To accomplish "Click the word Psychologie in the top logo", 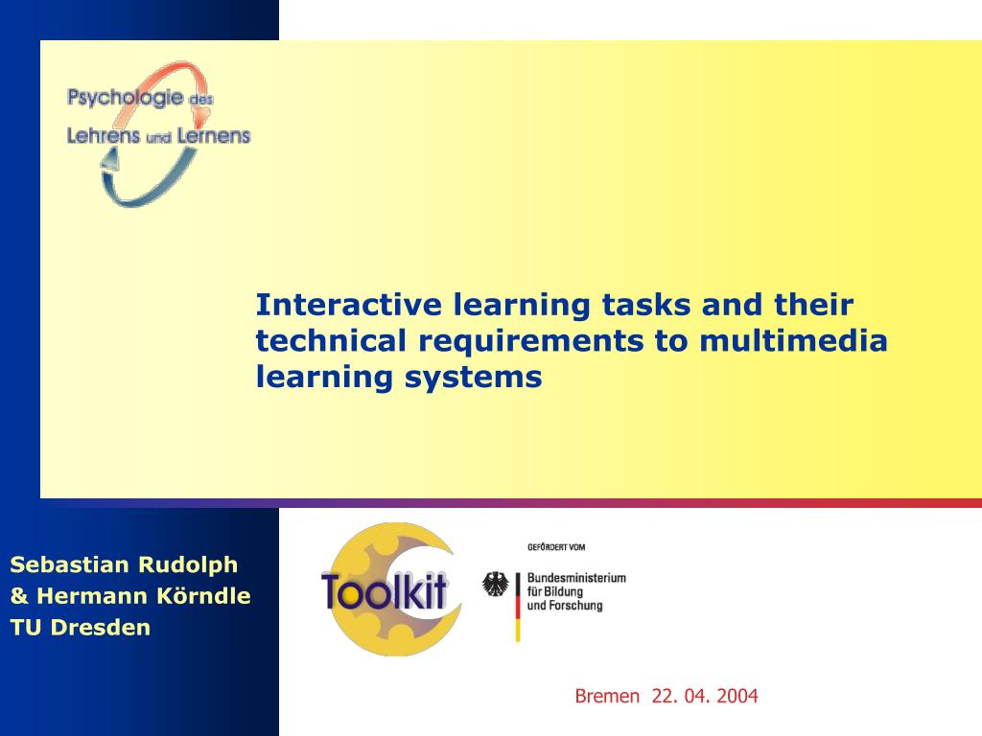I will [x=125, y=97].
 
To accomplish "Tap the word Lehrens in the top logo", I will [x=103, y=136].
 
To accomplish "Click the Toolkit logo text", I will [x=385, y=590].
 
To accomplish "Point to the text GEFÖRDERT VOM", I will [x=556, y=547].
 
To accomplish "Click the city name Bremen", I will [x=607, y=697].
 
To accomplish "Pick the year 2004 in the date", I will [x=736, y=697].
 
